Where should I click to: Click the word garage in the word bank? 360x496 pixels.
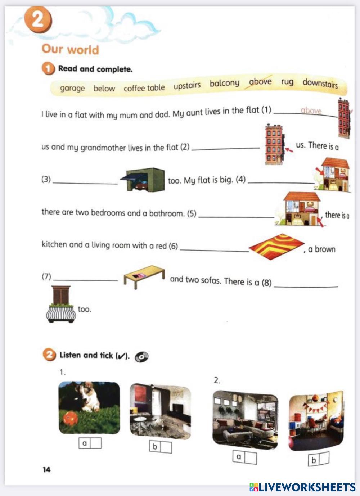coord(72,88)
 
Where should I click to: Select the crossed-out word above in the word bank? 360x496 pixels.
coord(260,81)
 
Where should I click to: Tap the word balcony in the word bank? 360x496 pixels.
coord(225,83)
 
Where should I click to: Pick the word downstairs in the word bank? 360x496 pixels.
coord(320,83)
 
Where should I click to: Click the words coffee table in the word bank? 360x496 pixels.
coord(144,88)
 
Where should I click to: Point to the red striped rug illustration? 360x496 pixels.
coord(276,246)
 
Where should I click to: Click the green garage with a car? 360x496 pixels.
coord(143,179)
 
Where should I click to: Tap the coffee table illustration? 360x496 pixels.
coord(144,277)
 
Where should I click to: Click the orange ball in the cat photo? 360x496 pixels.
coord(71,418)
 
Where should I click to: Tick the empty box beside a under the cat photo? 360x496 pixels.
coord(96,443)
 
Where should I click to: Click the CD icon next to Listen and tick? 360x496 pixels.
coord(141,357)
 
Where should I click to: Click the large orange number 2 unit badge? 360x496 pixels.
coord(38,20)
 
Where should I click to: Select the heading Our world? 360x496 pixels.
coord(70,49)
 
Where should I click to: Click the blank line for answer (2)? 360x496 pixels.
coord(226,149)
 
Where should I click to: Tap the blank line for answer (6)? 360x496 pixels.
coord(214,251)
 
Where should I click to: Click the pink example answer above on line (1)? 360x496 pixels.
coord(311,111)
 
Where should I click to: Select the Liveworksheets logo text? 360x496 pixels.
coord(302,487)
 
